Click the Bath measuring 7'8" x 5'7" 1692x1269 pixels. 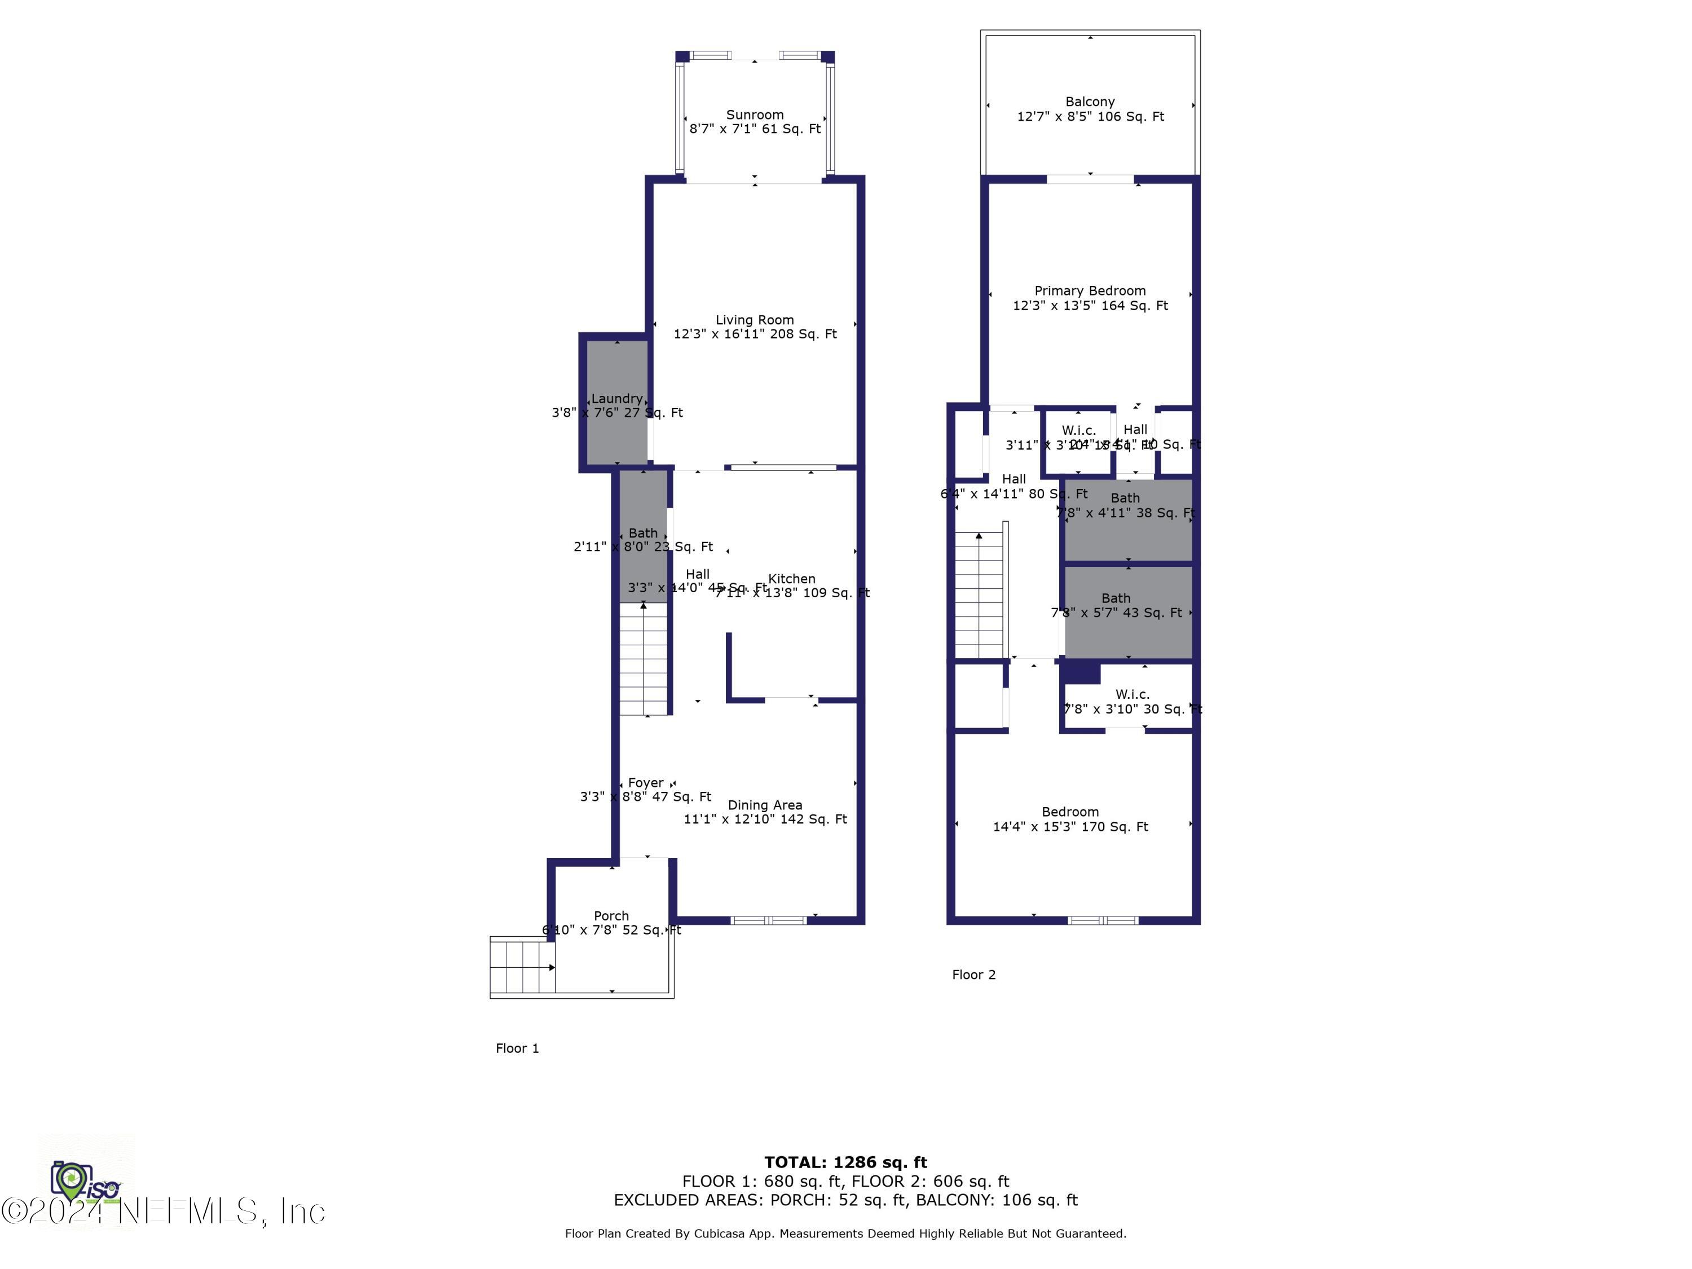1127,612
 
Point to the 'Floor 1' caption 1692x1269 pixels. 517,1048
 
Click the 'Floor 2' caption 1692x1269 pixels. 973,975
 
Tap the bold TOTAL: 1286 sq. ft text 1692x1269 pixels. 845,1162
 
